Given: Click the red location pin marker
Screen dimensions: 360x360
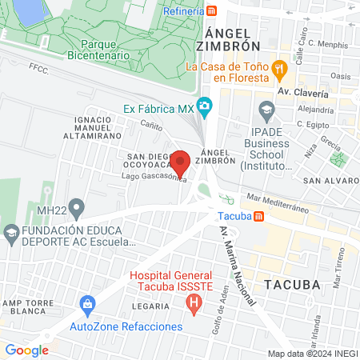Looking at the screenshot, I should pyautogui.click(x=181, y=163).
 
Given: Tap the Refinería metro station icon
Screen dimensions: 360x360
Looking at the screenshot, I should pyautogui.click(x=211, y=10).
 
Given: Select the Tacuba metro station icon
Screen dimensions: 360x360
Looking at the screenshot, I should pyautogui.click(x=258, y=216).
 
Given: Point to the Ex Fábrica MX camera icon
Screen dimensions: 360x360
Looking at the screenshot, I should pyautogui.click(x=205, y=106).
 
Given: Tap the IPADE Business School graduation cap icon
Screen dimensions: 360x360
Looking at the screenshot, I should pyautogui.click(x=266, y=109).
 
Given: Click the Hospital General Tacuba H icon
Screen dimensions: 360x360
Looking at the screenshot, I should pyautogui.click(x=192, y=303).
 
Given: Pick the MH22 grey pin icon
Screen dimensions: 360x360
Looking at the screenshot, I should pyautogui.click(x=77, y=210).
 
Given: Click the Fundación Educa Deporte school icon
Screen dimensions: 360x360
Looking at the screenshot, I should pyautogui.click(x=11, y=234).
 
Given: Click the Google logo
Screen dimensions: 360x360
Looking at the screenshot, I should pyautogui.click(x=26, y=350).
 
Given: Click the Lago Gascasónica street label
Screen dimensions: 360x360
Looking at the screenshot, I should pyautogui.click(x=154, y=177).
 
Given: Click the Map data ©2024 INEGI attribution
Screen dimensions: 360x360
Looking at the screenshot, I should pyautogui.click(x=313, y=354).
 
